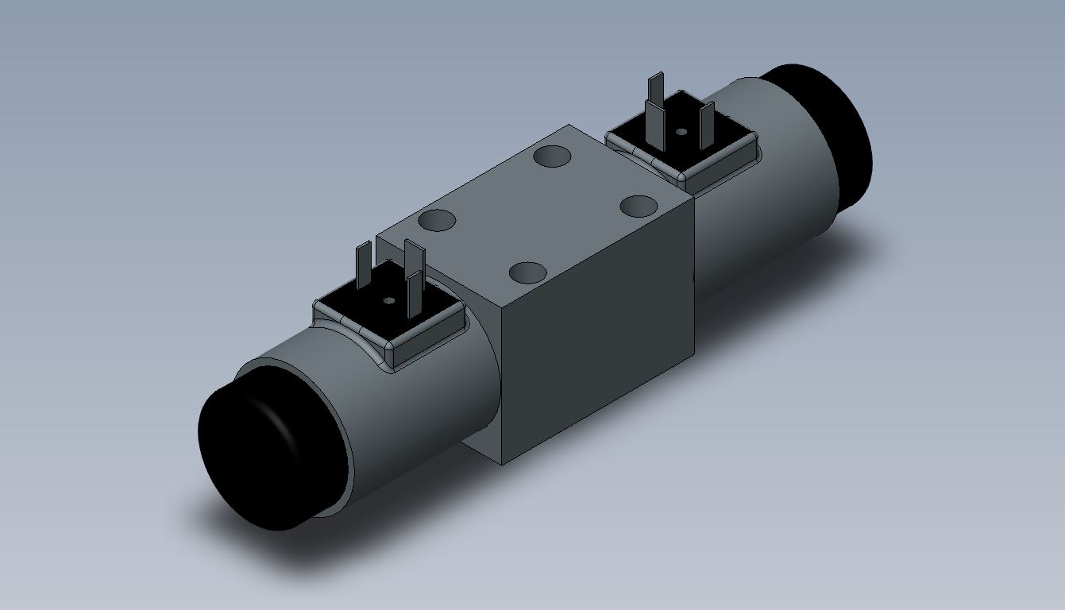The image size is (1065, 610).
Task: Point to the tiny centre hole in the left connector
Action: click(x=389, y=301)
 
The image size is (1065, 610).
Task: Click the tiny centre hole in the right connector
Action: click(x=681, y=132)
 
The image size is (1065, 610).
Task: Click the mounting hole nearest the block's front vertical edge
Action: click(x=527, y=273)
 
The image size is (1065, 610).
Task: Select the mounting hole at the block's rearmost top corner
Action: click(x=553, y=156)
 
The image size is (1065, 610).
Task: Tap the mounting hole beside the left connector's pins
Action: click(x=437, y=220)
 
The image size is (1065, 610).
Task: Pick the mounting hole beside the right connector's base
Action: click(x=640, y=207)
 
